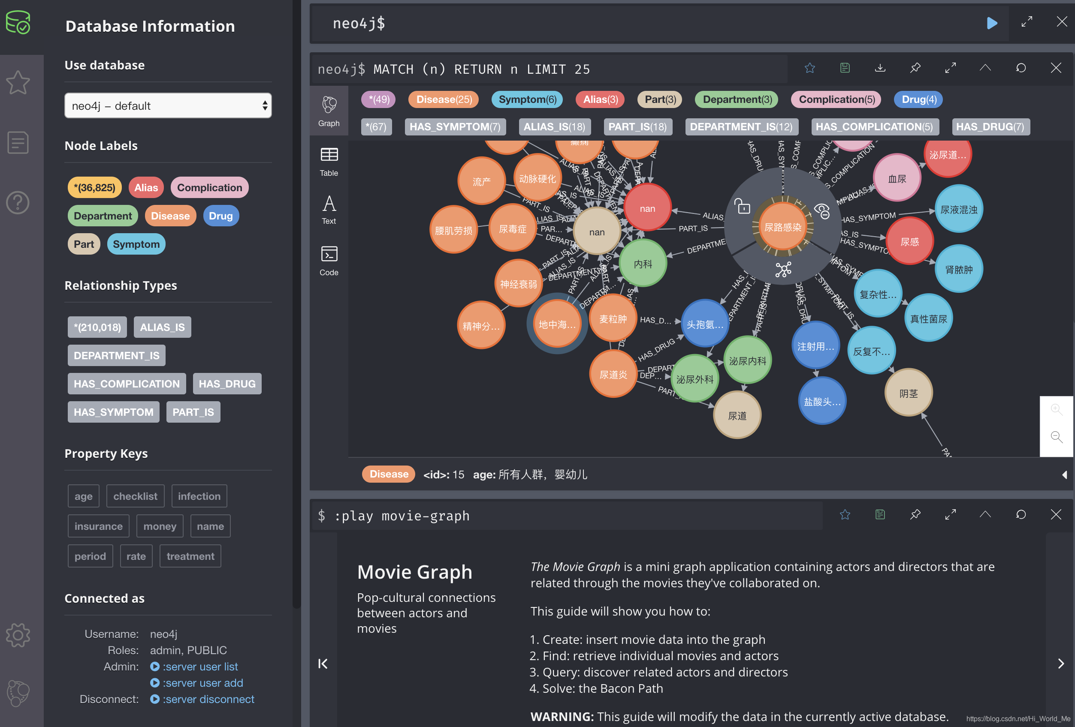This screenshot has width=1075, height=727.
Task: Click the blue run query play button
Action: pos(992,23)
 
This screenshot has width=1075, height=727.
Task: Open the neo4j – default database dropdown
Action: pos(168,106)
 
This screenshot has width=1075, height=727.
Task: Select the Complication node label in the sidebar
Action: pos(209,188)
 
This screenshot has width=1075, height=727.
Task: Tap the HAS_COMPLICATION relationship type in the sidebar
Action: pos(127,384)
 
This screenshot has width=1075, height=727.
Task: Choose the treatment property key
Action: pos(190,556)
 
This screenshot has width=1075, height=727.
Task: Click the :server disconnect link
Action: pos(208,699)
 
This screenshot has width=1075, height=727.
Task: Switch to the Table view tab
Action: pos(329,161)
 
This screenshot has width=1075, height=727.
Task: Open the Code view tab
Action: pos(329,261)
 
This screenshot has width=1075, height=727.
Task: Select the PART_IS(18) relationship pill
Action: pos(637,126)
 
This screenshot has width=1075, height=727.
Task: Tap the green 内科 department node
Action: pos(643,264)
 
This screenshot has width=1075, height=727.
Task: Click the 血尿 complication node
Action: pos(897,179)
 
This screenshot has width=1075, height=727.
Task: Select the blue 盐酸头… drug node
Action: pos(822,402)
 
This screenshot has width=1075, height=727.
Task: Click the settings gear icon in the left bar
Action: pos(18,635)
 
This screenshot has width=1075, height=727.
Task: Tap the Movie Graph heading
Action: pos(414,572)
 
